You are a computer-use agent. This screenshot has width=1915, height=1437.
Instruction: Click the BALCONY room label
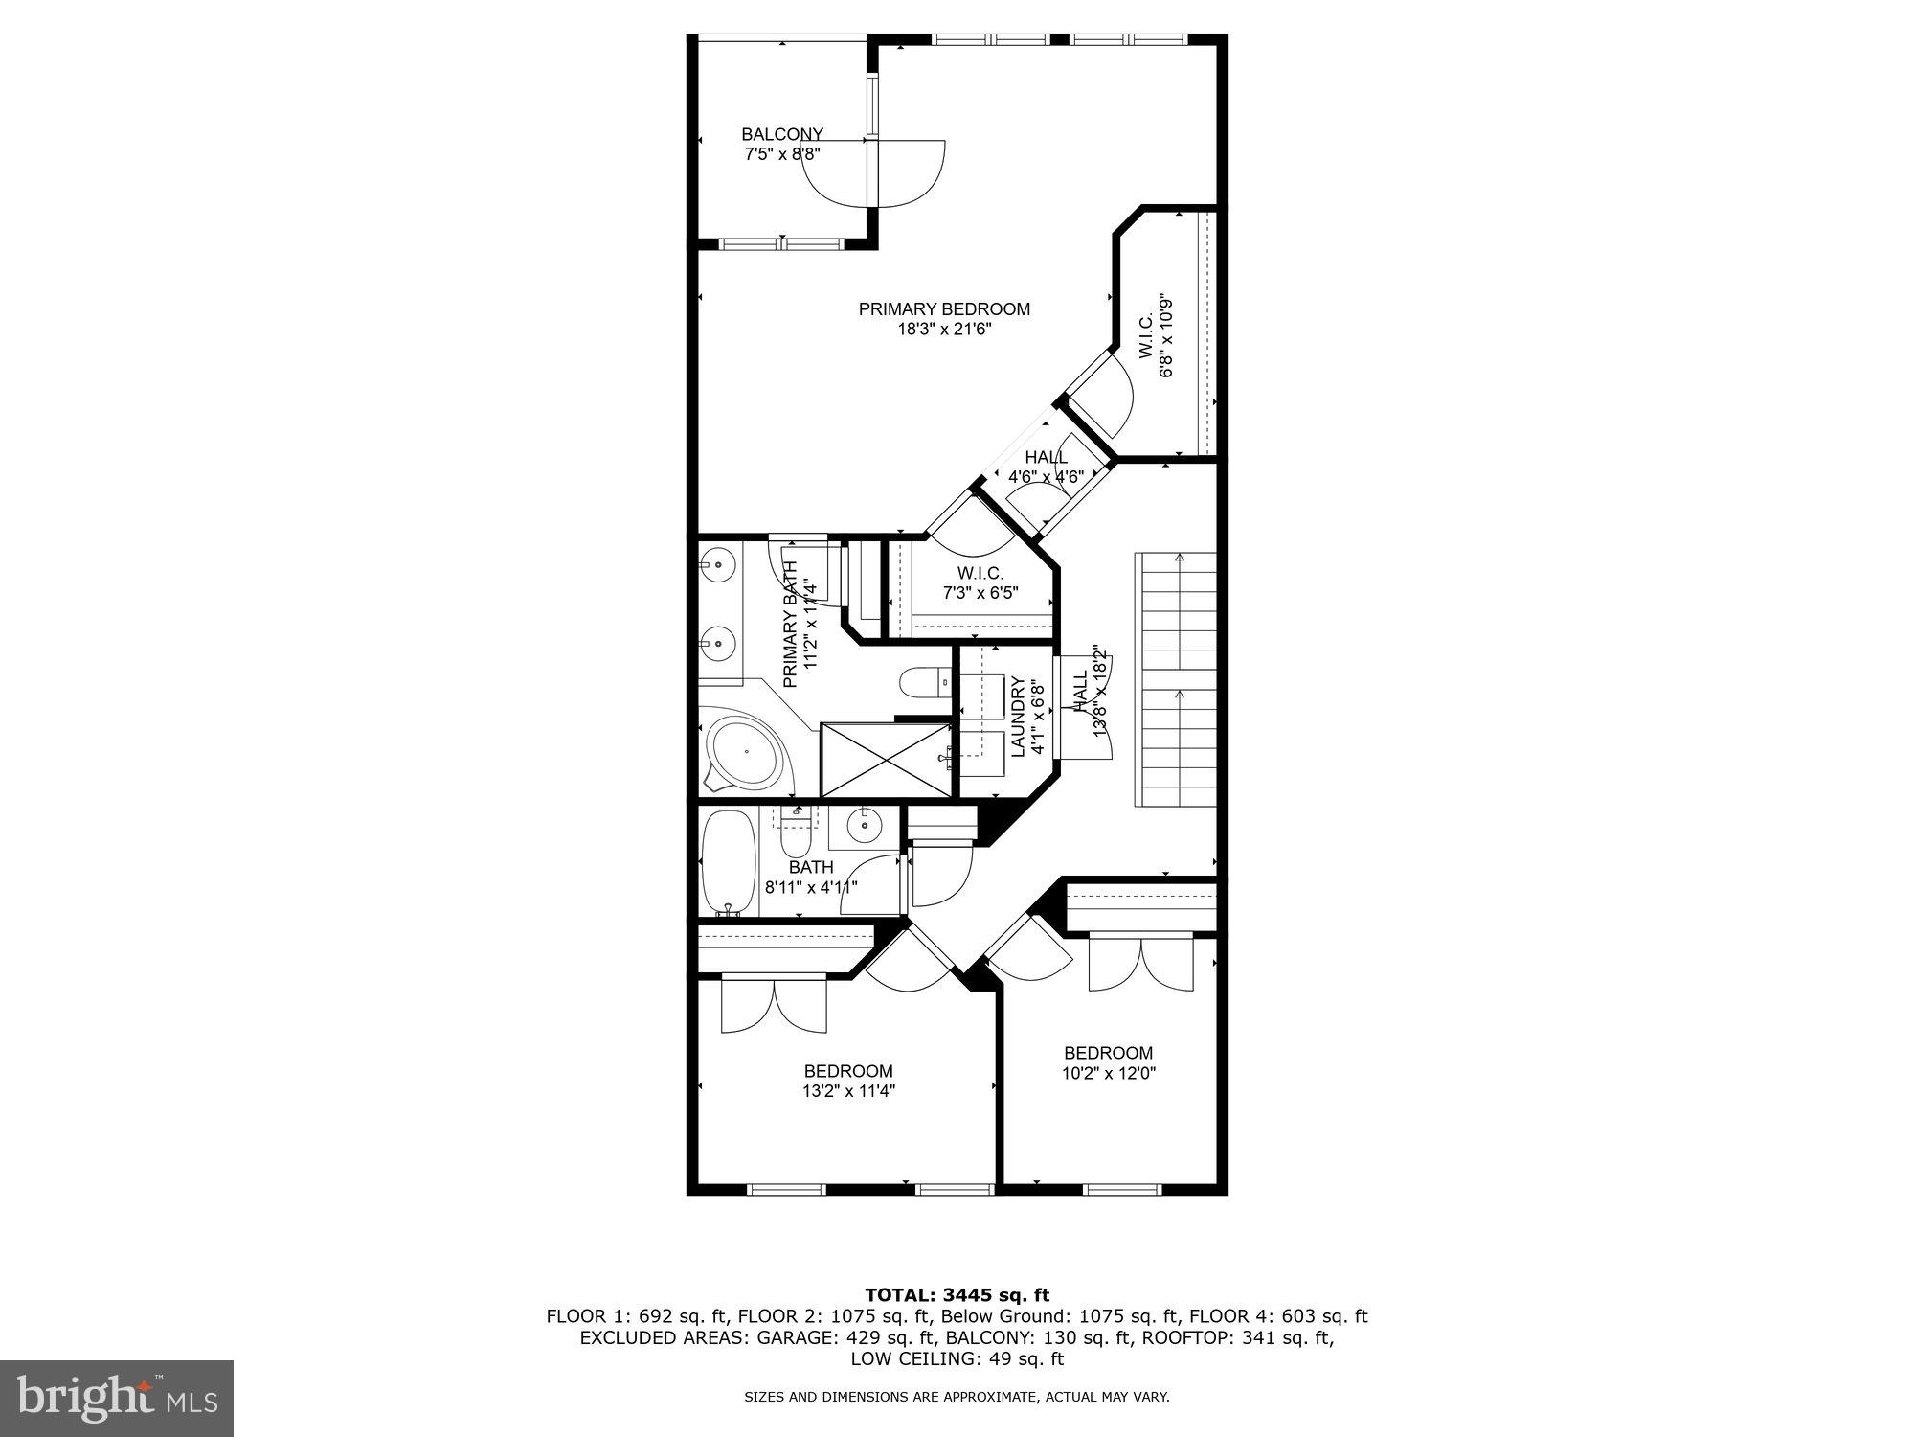pyautogui.click(x=781, y=135)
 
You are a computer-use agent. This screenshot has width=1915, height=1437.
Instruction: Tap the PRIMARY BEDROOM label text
pyautogui.click(x=943, y=309)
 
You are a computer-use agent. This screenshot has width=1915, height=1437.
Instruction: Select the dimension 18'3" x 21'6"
pyautogui.click(x=943, y=330)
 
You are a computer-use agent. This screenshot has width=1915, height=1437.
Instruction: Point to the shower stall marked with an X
pyautogui.click(x=886, y=760)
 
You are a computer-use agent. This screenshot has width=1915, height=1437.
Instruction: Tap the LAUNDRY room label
pyautogui.click(x=1018, y=717)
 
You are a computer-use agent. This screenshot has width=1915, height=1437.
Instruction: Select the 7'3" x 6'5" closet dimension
pyautogui.click(x=980, y=593)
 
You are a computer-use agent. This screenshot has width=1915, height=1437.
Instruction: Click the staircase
pyautogui.click(x=1175, y=680)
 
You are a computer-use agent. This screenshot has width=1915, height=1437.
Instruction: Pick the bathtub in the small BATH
pyautogui.click(x=729, y=860)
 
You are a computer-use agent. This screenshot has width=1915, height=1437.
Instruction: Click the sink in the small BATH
pyautogui.click(x=864, y=825)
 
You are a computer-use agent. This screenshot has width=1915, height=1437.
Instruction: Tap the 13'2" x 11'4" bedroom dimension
pyautogui.click(x=848, y=1091)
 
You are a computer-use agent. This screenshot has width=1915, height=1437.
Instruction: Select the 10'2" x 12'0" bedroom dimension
pyautogui.click(x=1108, y=1074)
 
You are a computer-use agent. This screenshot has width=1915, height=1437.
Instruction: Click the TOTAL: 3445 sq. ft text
pyautogui.click(x=957, y=1295)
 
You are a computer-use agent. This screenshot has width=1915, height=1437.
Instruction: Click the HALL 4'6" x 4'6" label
pyautogui.click(x=1046, y=467)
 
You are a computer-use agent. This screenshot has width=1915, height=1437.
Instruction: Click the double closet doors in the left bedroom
pyautogui.click(x=773, y=1006)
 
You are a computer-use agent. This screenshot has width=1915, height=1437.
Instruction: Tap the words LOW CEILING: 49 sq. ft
pyautogui.click(x=957, y=1358)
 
